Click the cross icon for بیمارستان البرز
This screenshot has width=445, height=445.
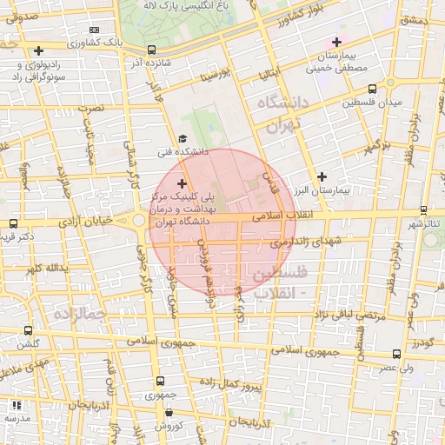(322, 176)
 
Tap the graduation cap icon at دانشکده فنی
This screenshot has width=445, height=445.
(183, 138)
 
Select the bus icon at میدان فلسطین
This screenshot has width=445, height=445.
(373, 89)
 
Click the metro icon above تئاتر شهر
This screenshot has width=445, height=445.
(423, 210)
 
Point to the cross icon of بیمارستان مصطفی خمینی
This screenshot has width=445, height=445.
(337, 41)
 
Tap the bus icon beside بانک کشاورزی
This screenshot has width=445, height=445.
(153, 50)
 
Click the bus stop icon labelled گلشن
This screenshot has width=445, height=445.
(29, 330)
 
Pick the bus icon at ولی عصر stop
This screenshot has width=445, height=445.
(397, 354)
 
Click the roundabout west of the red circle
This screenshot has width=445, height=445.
(140, 221)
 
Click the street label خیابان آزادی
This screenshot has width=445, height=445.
(83, 222)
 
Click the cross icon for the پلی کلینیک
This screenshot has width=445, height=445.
(182, 183)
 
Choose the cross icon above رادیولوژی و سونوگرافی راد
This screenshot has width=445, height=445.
(39, 51)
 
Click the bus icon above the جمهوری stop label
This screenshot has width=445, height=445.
(159, 381)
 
